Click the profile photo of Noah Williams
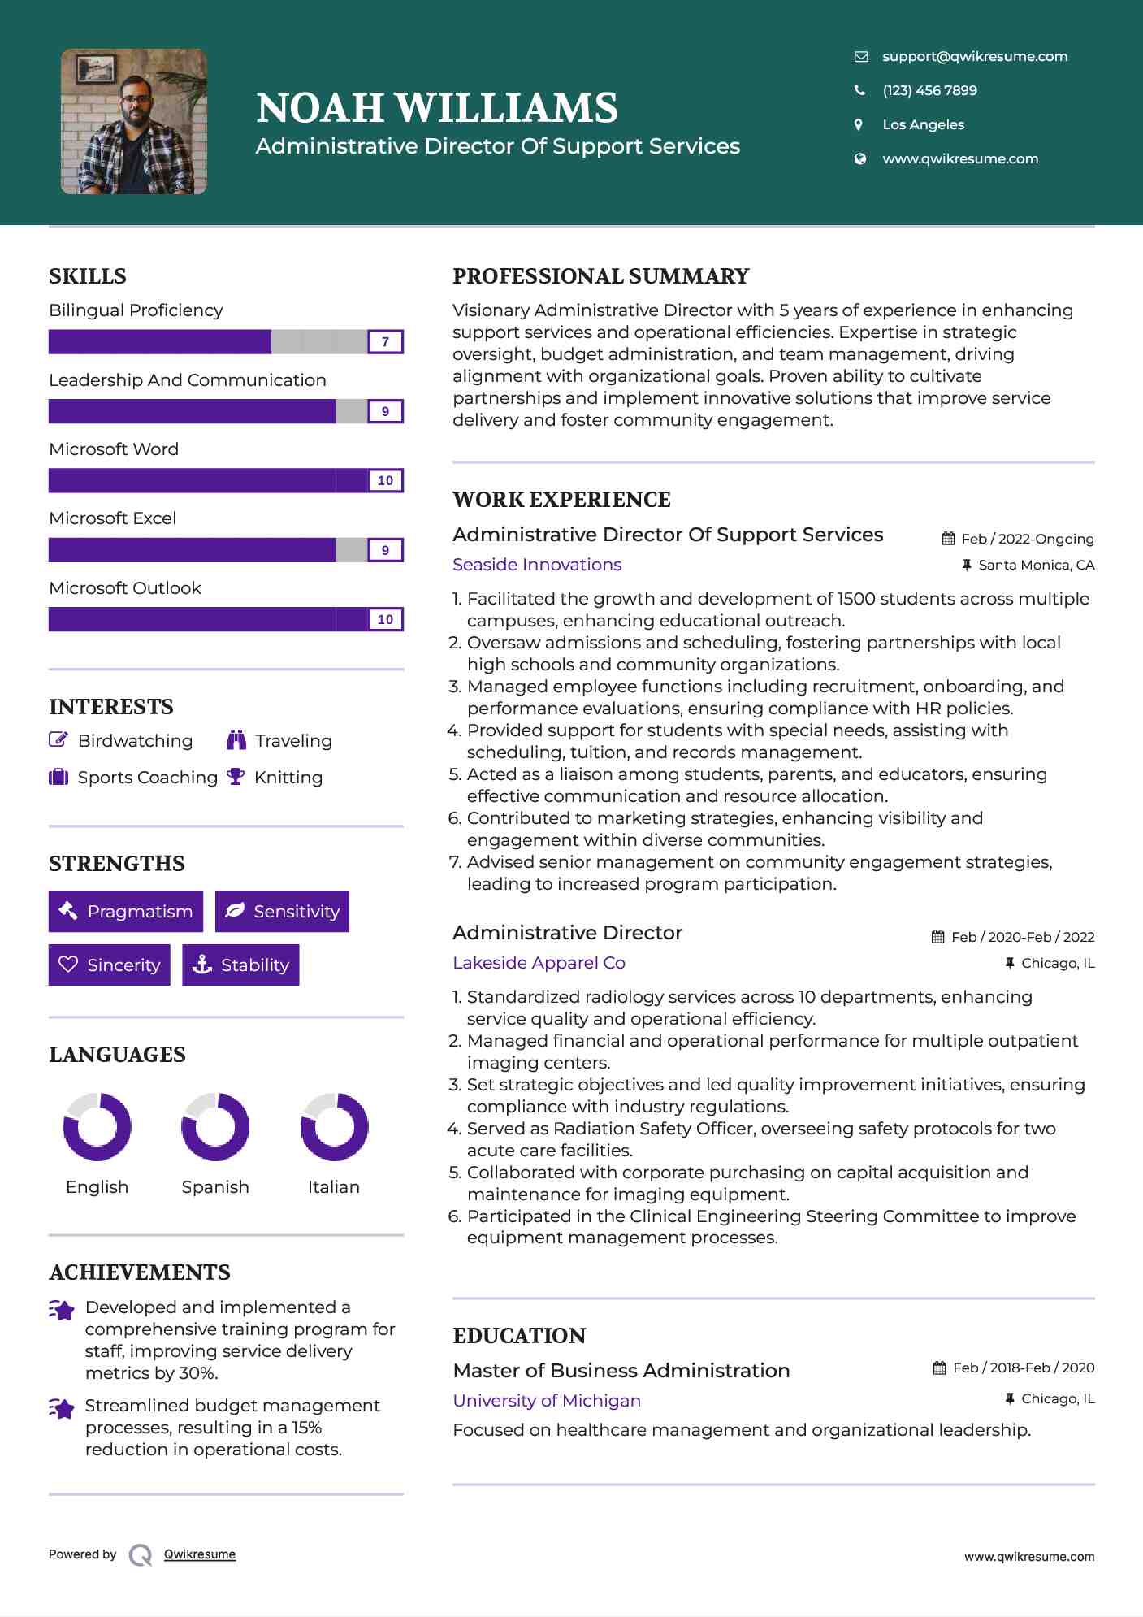[134, 122]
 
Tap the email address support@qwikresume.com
[974, 56]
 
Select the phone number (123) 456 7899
[929, 90]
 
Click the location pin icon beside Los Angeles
[859, 124]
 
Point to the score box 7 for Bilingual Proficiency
[385, 342]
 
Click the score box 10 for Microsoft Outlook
[385, 619]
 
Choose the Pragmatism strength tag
[126, 912]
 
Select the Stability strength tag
[240, 965]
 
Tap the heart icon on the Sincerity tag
[68, 965]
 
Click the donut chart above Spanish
[215, 1127]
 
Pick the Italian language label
[333, 1187]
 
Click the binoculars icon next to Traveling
[236, 740]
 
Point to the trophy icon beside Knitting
[236, 777]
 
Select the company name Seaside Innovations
[537, 565]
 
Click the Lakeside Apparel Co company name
[539, 963]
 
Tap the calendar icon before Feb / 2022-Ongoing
[948, 539]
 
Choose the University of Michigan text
[547, 1401]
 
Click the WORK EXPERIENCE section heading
[561, 500]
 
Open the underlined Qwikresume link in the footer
[200, 1554]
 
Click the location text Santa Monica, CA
[1036, 565]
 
